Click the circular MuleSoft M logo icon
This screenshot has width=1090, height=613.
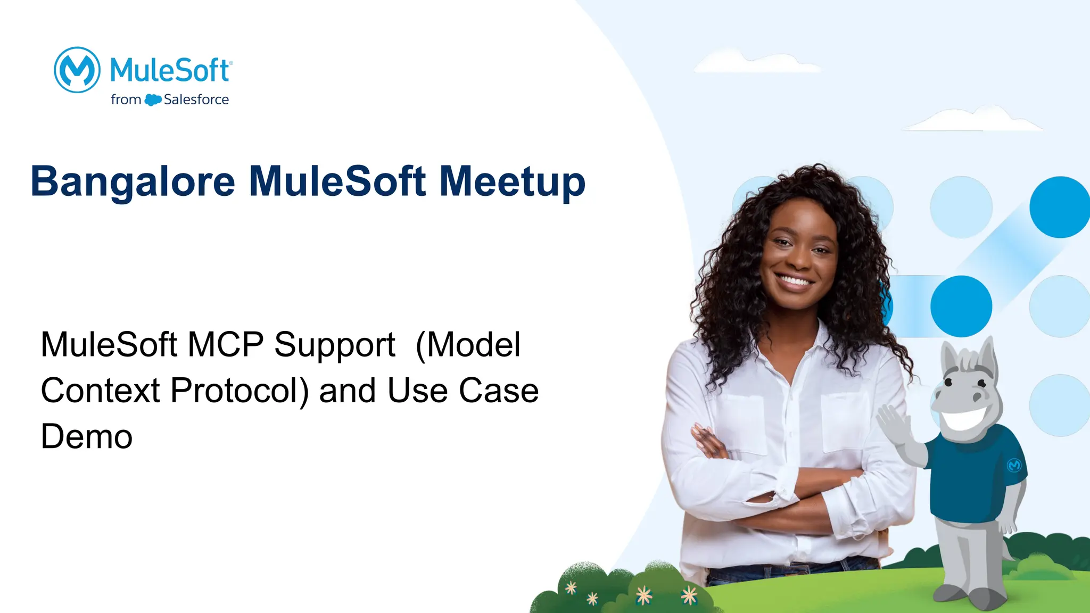coord(77,70)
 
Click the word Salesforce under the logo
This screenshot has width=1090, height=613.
coord(196,100)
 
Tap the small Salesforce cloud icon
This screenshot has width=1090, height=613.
coord(153,100)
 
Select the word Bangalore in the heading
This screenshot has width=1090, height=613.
coord(133,182)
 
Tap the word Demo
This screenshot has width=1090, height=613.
coord(86,437)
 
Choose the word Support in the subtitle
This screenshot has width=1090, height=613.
coord(334,345)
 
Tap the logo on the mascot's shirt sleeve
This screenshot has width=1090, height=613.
coord(1014,465)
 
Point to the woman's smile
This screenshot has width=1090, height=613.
coord(794,280)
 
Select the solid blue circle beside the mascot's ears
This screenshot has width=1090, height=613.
coord(961,306)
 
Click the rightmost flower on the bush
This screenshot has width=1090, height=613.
coord(689,595)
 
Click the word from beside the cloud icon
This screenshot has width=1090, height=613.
coord(126,100)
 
